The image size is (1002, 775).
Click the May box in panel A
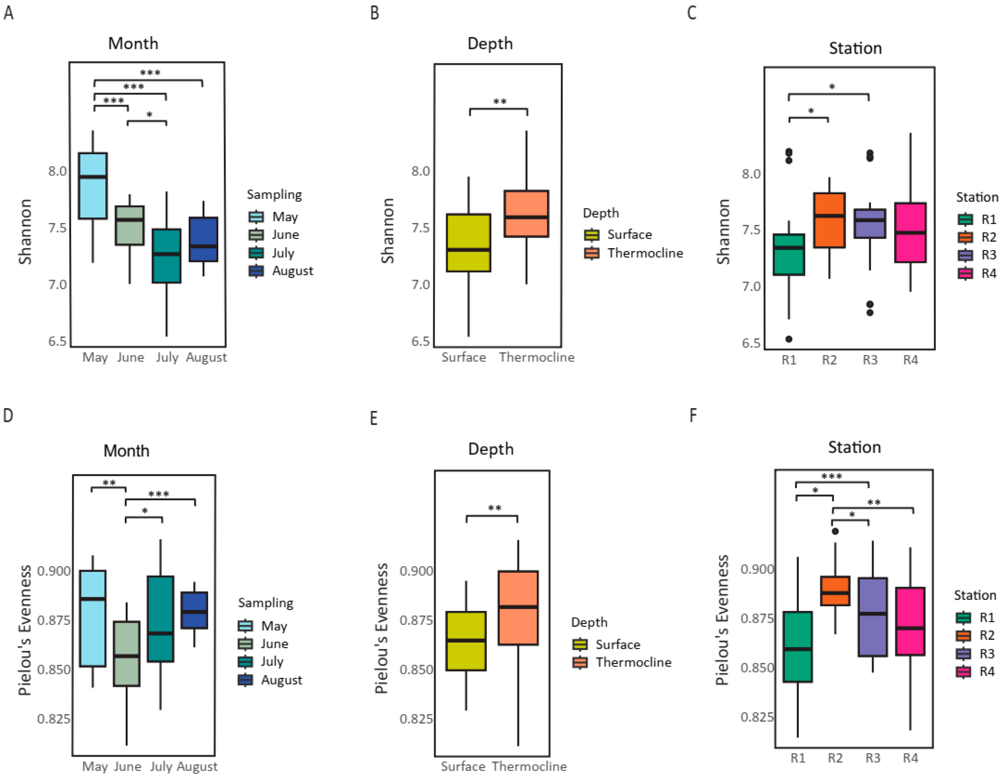(x=93, y=186)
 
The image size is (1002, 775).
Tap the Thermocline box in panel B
(x=526, y=213)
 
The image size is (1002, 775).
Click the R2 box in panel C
(x=829, y=220)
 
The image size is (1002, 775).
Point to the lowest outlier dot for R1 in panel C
(x=789, y=339)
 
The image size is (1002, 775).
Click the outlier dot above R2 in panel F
(x=835, y=531)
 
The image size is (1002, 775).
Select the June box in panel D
(x=127, y=654)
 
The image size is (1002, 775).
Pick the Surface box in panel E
(x=466, y=641)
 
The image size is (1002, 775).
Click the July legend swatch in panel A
(x=256, y=253)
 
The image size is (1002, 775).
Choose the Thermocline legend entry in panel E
(x=633, y=662)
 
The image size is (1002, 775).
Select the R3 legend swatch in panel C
(x=965, y=255)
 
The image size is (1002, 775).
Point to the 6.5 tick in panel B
(x=421, y=341)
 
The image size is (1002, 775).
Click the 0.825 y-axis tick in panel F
(x=757, y=717)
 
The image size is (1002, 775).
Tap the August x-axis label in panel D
(x=197, y=766)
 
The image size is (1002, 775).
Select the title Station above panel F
(x=854, y=447)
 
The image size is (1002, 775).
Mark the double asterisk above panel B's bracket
(x=500, y=102)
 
